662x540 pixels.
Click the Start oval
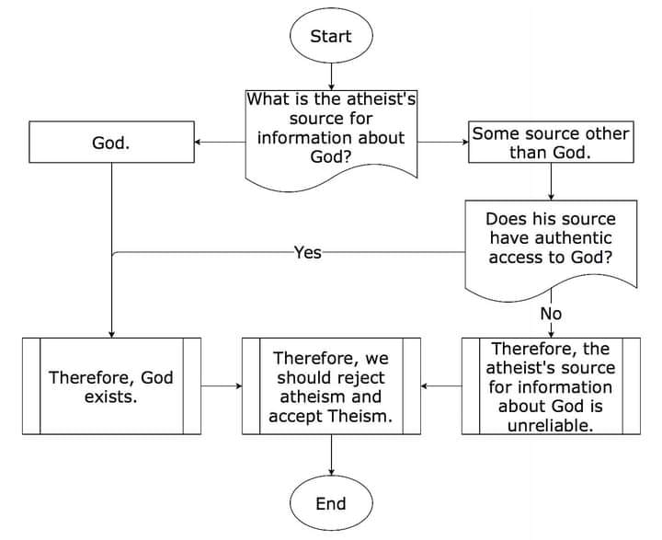(330, 37)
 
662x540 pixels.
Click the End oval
(330, 503)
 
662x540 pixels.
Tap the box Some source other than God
(550, 144)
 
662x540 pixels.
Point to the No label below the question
(551, 314)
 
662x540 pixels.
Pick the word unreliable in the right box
(550, 426)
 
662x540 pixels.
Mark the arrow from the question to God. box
(221, 143)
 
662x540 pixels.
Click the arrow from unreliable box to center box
(441, 386)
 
